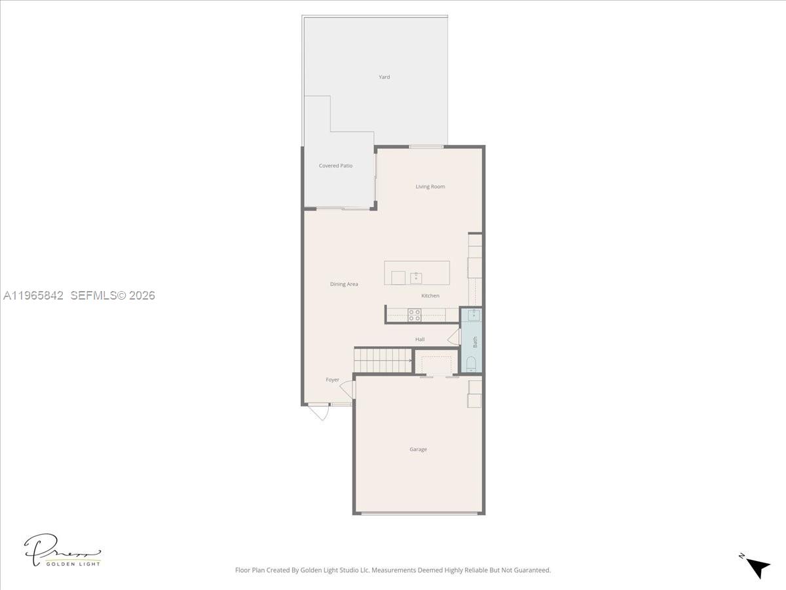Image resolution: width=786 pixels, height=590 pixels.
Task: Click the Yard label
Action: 384,77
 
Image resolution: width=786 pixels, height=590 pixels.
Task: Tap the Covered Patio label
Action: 335,166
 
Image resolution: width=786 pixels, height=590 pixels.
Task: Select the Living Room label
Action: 430,187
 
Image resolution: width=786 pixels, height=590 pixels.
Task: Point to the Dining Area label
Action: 344,285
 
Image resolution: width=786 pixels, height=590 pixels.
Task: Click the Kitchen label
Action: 430,296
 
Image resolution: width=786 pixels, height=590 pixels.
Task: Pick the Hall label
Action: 420,340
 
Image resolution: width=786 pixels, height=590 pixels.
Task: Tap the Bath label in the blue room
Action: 476,342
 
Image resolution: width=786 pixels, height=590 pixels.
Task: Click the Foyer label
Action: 333,380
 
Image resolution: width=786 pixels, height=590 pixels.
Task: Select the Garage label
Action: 419,450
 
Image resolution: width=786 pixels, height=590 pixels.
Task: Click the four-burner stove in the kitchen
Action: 415,315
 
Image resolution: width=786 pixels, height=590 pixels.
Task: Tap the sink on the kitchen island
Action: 416,278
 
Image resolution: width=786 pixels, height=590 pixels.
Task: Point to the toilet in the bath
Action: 470,364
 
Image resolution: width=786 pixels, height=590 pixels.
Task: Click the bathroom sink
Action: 471,315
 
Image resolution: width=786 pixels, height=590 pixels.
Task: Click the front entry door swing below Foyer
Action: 319,412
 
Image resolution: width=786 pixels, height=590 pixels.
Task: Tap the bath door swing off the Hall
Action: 453,338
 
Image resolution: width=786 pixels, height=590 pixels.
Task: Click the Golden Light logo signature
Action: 62,550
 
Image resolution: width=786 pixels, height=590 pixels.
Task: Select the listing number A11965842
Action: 33,296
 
